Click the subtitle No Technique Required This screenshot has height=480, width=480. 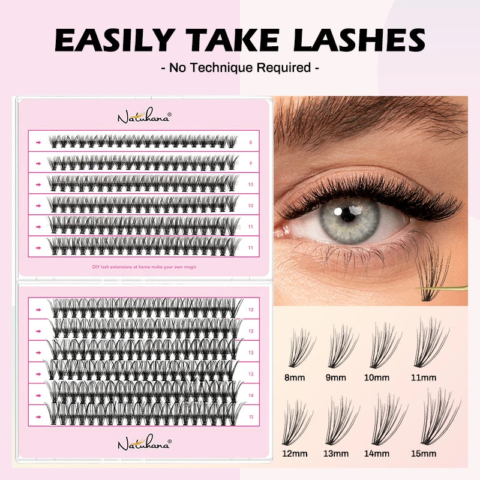point(240,67)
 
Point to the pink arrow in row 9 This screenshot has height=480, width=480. point(38,163)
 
